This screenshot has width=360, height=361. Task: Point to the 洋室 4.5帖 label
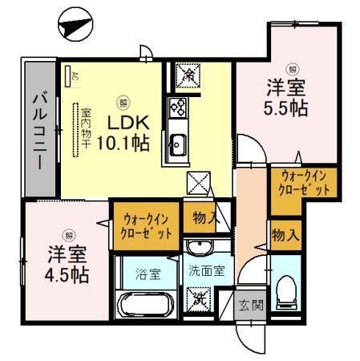coord(67,262)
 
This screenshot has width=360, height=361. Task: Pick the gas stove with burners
coord(177,107)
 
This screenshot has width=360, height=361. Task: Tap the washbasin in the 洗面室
coord(200,248)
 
